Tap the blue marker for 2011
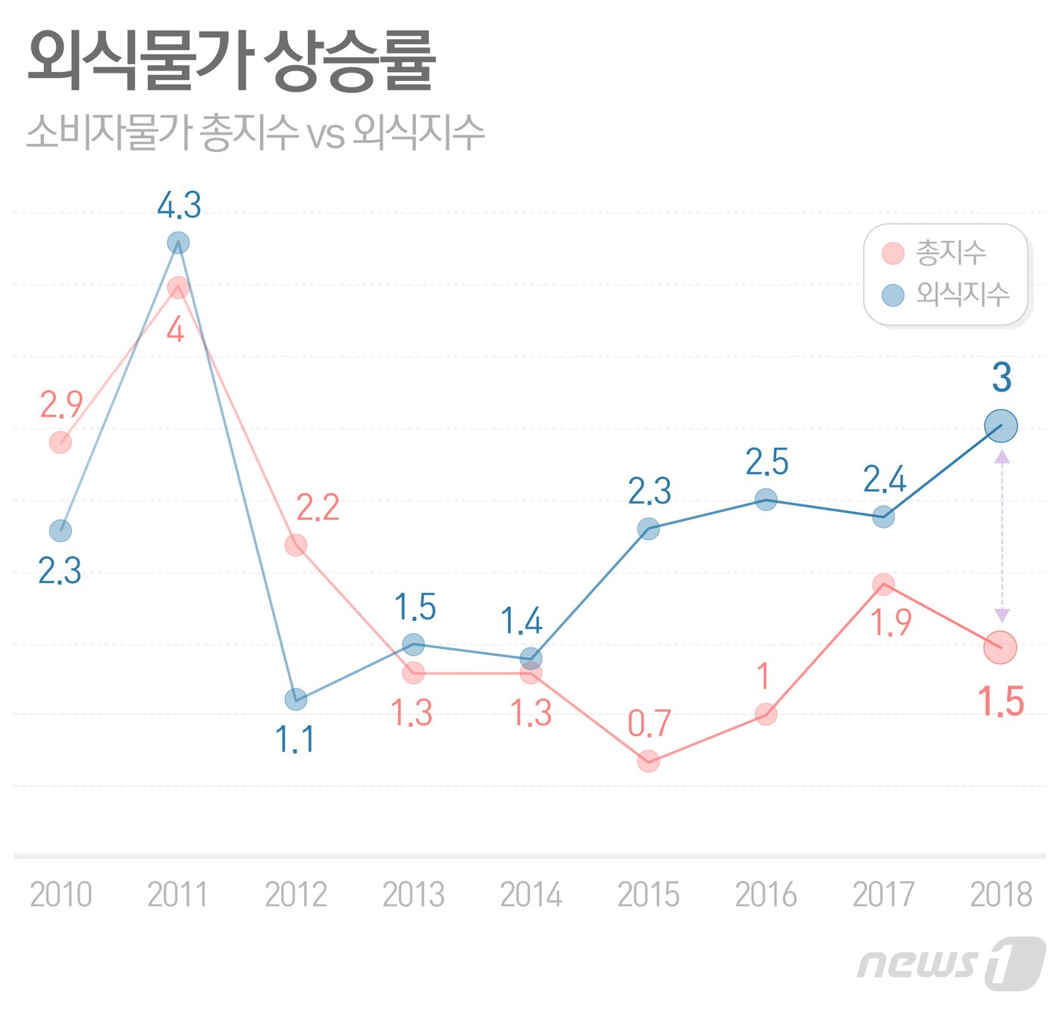pos(178,243)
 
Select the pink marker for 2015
pos(648,761)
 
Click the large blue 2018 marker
pos(1001,426)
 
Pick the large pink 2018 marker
pos(1000,647)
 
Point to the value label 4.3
pos(180,205)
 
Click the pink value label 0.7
pos(649,724)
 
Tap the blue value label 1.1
pos(296,739)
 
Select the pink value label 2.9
pos(61,405)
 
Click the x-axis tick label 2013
pos(413,894)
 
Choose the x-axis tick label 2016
pos(765,894)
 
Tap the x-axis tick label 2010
pos(61,894)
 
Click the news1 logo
pos(951,963)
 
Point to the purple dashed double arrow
pos(1002,536)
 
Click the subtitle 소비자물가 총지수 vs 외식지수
pos(255,133)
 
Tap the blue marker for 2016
pos(766,500)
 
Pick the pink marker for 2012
pos(296,545)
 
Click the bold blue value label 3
pos(1002,378)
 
